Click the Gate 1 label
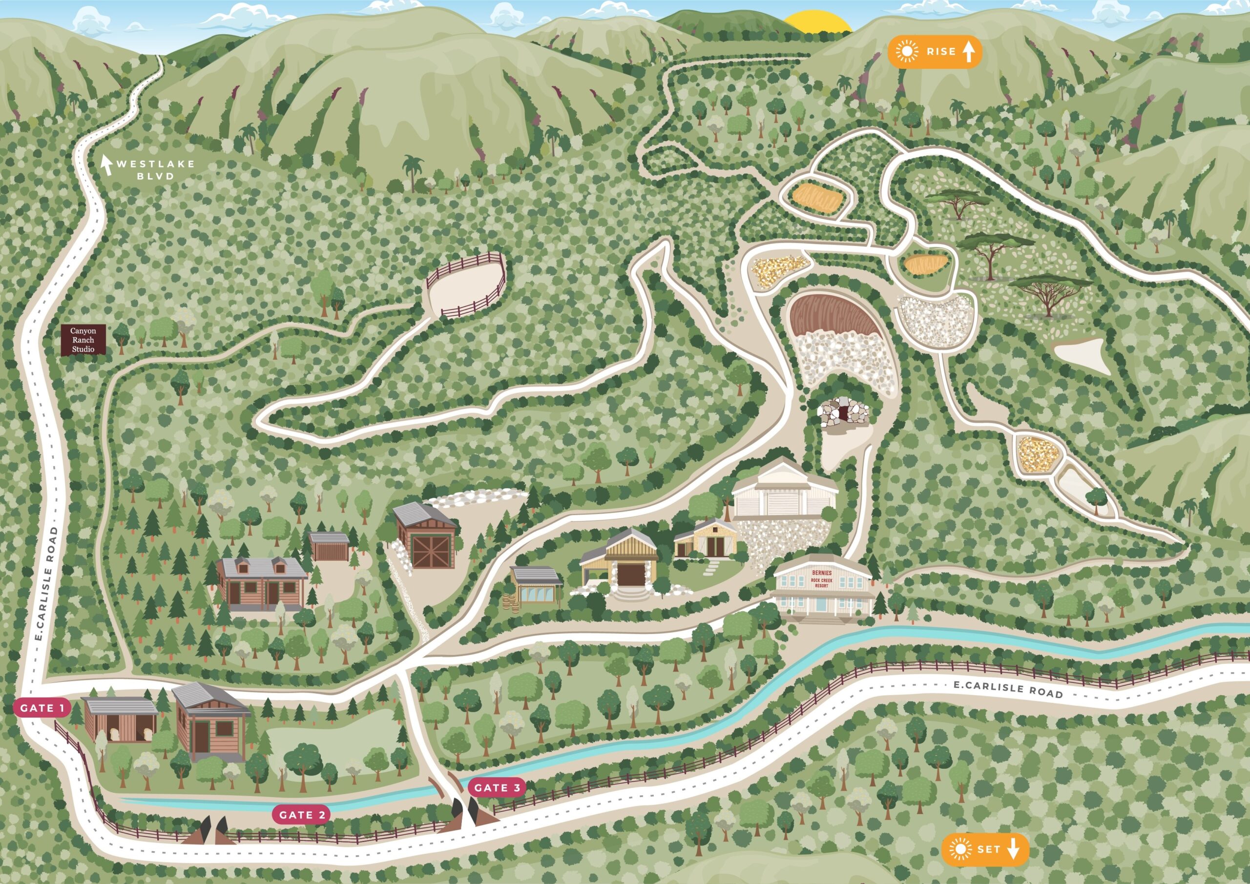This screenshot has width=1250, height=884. pos(42,708)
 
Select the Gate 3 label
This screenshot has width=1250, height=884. pos(497,788)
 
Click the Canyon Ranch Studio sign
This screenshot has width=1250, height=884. pos(82,340)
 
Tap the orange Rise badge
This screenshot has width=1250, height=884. pos(935,52)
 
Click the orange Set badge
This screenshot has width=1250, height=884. pos(985,849)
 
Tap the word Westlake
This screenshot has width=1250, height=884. pos(155,164)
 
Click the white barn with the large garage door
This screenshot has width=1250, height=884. pos(785,500)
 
